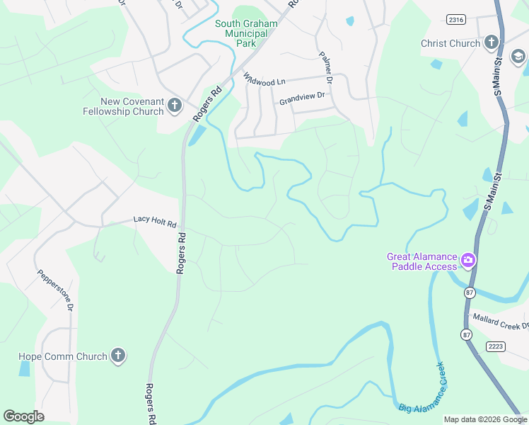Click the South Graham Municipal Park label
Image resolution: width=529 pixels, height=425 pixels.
245,33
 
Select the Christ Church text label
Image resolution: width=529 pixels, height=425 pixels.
450,43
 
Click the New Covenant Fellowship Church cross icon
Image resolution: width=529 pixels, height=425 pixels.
175,107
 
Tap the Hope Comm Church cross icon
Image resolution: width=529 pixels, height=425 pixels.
118,356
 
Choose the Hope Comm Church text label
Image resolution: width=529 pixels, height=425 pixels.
62,357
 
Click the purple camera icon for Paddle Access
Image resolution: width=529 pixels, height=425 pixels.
467,261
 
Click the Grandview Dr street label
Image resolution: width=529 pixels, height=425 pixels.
301,98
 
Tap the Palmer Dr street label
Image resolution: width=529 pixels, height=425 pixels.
325,64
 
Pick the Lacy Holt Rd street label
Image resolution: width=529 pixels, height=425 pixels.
154,222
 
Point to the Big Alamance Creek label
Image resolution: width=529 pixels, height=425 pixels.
424,388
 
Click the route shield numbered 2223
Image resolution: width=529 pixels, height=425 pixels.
496,345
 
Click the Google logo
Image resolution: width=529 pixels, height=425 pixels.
24,416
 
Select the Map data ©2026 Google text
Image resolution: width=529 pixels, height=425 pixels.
485,419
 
